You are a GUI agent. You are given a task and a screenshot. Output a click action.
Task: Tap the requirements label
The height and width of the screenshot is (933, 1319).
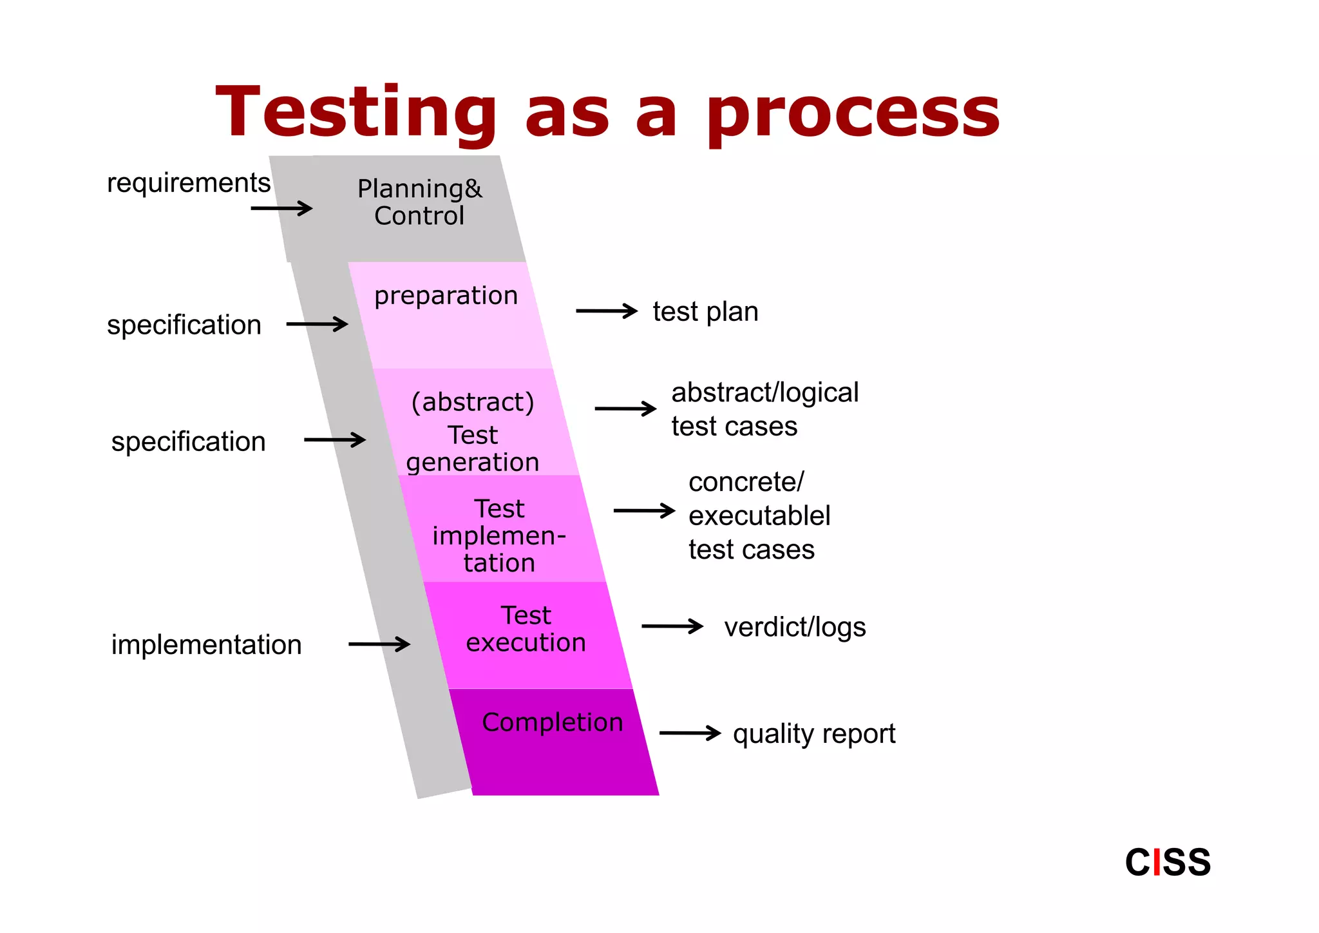[x=188, y=183]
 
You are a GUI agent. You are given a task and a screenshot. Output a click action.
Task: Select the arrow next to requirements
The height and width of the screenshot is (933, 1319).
[x=281, y=208]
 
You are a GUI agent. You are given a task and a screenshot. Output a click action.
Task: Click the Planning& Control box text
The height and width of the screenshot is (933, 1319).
[x=419, y=202]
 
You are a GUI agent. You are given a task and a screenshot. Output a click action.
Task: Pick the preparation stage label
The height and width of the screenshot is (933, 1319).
[x=446, y=296]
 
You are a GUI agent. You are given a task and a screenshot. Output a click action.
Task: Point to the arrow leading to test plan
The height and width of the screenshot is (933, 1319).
[x=606, y=311]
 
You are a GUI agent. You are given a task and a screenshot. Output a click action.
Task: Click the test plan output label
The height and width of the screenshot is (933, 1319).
[x=705, y=312]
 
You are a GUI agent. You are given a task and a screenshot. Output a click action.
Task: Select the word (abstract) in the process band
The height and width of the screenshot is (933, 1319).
[x=473, y=402]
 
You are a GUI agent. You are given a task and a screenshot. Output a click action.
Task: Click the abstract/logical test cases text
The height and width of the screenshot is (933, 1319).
[x=764, y=409]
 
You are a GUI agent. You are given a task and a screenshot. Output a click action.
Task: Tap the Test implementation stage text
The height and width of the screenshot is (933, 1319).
[x=499, y=535]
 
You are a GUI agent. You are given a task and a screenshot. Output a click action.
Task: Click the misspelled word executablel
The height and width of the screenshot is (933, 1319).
[x=759, y=515]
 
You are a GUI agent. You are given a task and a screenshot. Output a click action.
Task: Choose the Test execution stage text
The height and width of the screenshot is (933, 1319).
[x=526, y=629]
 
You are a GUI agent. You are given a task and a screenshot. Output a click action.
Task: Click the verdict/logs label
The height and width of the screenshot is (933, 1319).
[x=795, y=627]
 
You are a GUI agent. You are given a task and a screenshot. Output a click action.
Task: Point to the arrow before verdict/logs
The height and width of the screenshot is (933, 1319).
[x=672, y=626]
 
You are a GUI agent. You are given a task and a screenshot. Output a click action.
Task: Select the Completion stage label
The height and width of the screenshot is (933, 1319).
[x=552, y=722]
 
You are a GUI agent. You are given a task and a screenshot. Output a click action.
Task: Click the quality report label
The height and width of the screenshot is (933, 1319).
[x=813, y=734]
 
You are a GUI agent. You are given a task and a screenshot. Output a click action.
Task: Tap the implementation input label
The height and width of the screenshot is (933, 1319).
[x=206, y=644]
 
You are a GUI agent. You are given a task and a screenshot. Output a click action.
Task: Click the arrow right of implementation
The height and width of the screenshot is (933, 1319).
[x=379, y=644]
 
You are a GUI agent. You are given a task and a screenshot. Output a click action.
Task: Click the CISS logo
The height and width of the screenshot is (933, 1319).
[x=1167, y=862]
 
